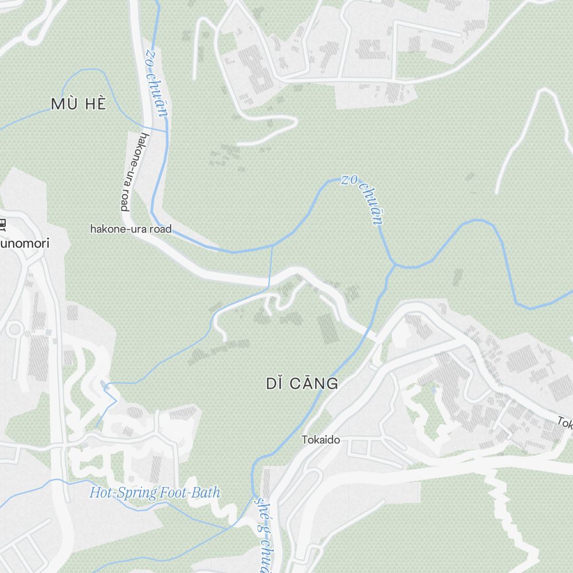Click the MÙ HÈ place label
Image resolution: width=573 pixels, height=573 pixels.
[x=79, y=104]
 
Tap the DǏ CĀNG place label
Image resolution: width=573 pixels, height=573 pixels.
[x=302, y=384]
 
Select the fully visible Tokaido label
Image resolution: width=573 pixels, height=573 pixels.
[x=321, y=440]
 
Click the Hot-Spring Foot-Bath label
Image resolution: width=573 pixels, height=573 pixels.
[x=155, y=492]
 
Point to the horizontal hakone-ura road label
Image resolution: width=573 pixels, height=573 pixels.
[x=131, y=229]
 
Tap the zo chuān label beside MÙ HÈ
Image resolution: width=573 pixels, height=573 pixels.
[x=156, y=83]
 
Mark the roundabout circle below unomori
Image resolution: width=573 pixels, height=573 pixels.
[x=14, y=329]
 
